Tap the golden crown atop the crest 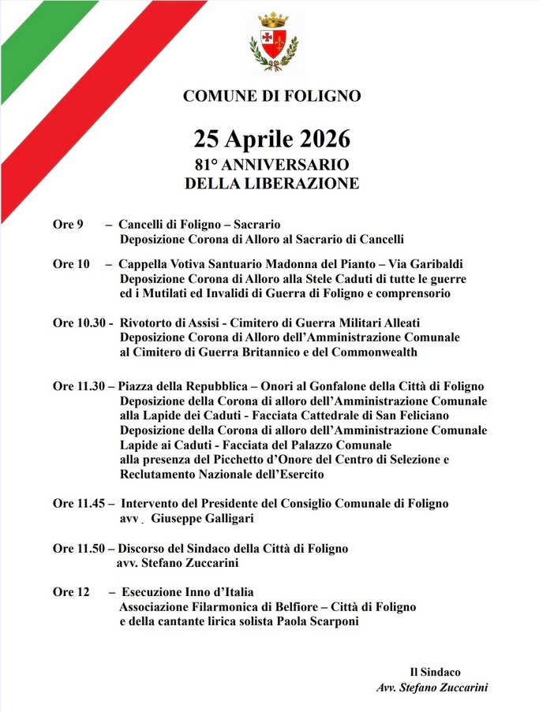(274, 19)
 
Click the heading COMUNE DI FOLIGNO (272, 96)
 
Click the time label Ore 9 (68, 225)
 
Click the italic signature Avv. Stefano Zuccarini (432, 687)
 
